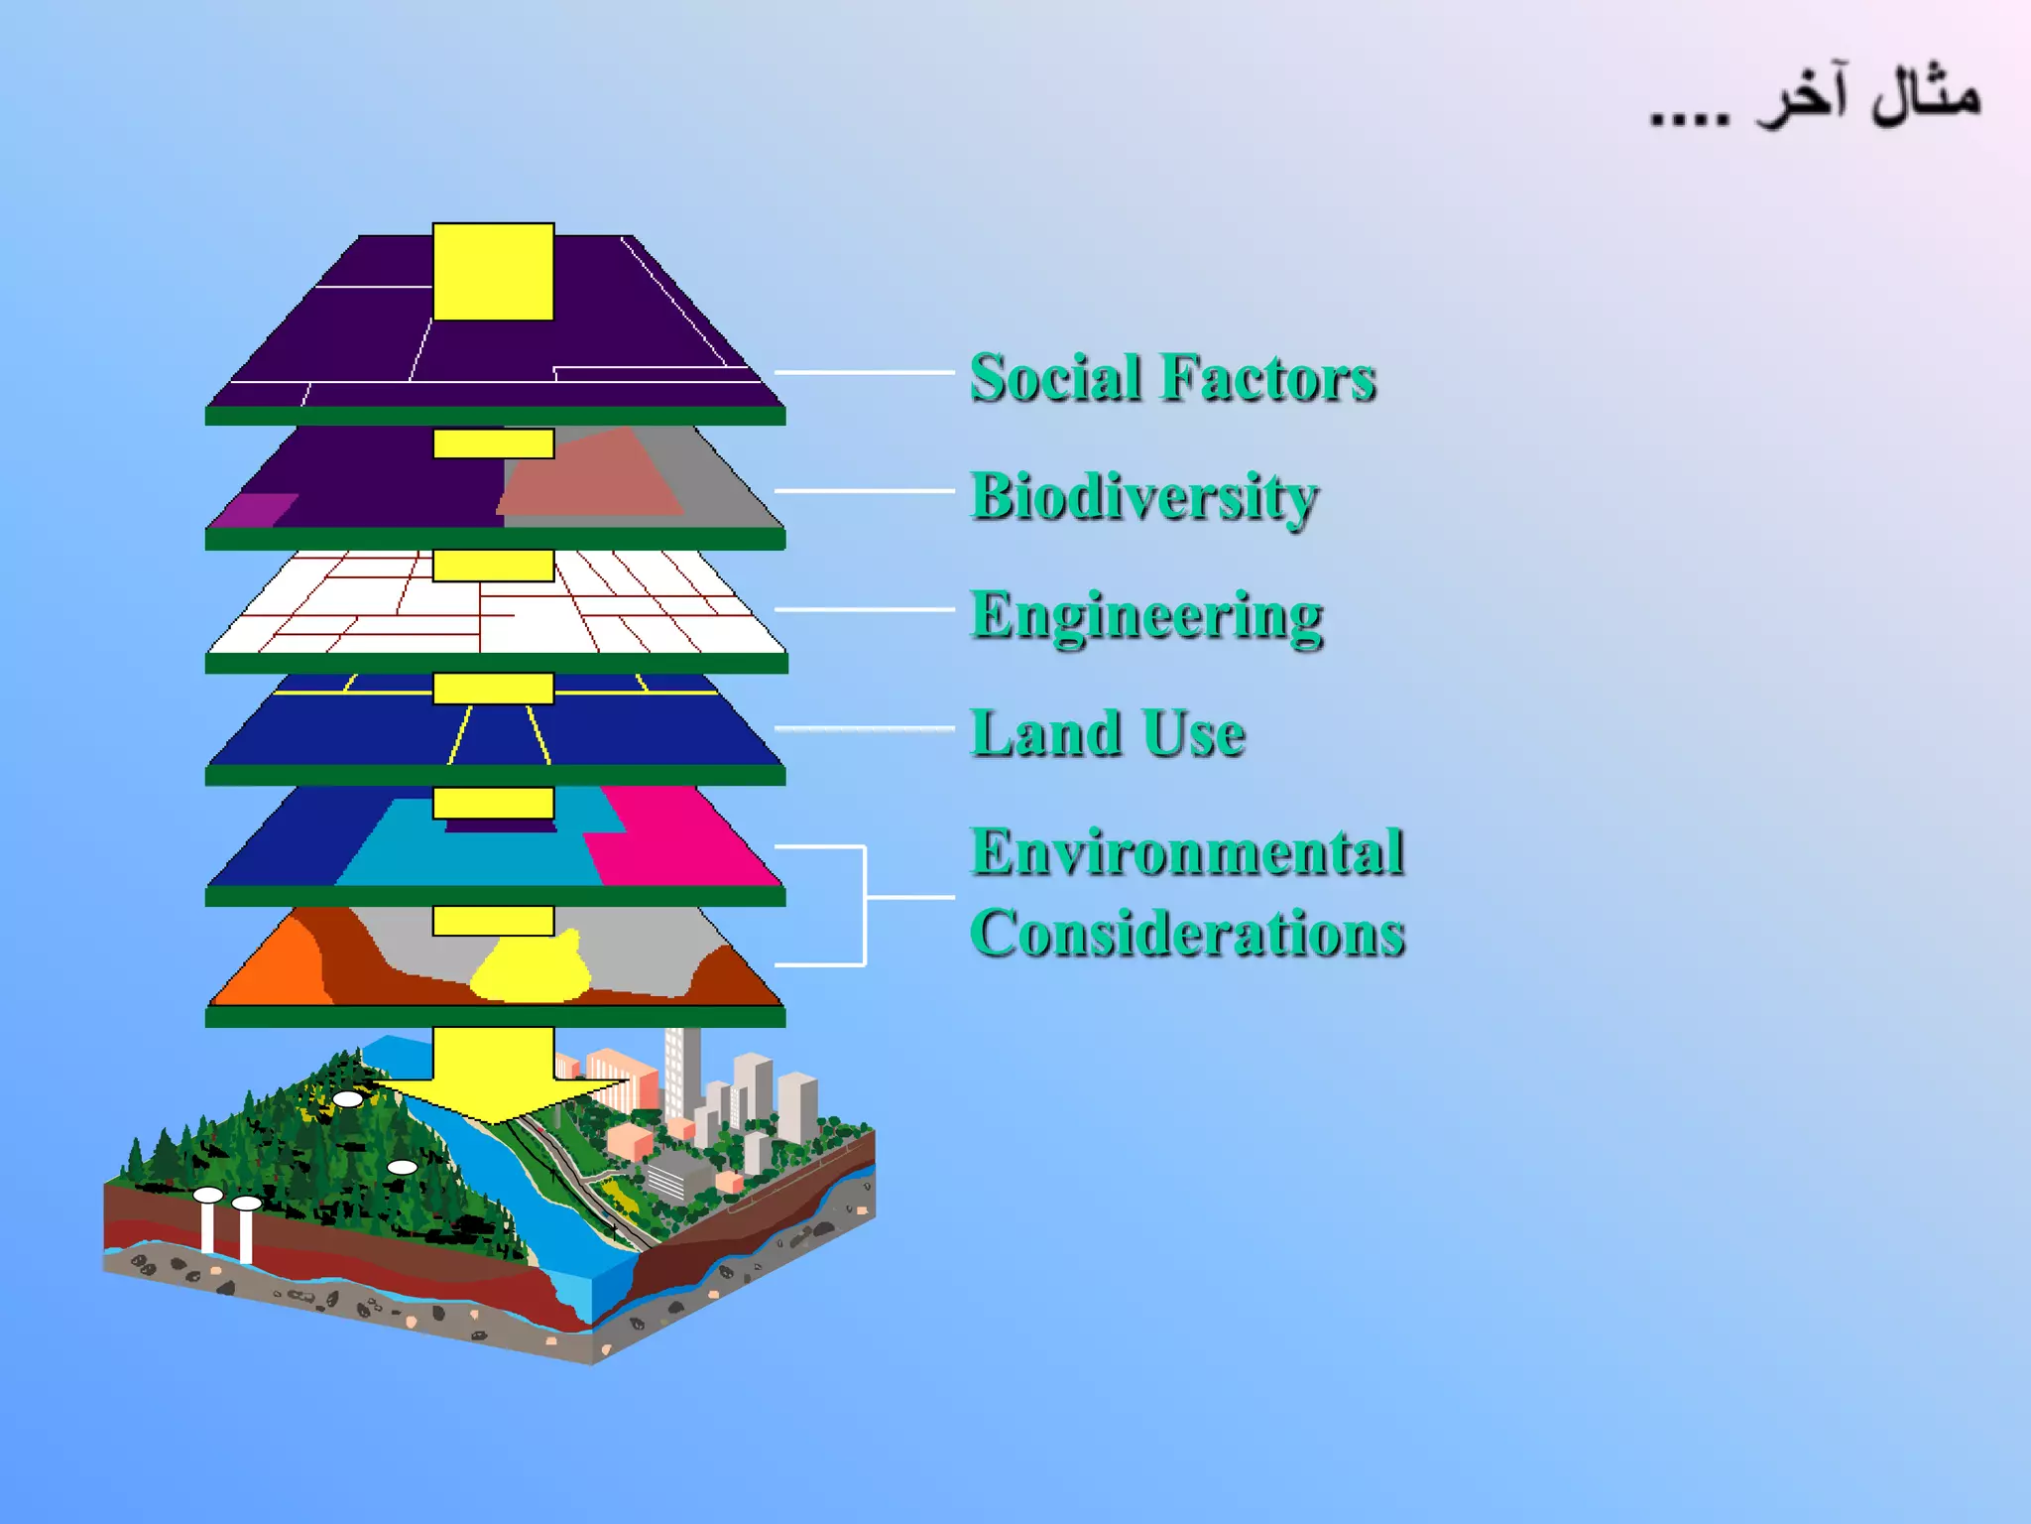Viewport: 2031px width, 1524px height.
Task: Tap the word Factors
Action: point(1268,378)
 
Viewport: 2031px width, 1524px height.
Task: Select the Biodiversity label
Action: point(1143,496)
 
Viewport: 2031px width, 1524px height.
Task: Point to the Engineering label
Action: point(1146,615)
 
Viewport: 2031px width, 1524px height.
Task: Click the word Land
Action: point(1045,734)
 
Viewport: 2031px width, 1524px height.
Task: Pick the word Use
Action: point(1194,734)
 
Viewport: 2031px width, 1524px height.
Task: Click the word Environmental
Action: point(1187,852)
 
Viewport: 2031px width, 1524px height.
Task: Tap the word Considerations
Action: point(1187,934)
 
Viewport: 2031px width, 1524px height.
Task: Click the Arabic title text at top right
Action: point(1815,99)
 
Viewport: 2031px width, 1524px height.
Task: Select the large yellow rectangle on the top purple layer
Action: point(493,272)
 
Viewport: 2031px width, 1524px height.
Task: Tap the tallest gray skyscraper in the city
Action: point(682,1072)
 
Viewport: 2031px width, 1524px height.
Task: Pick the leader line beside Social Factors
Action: point(863,372)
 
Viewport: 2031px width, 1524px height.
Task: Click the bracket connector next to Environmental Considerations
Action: point(866,898)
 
